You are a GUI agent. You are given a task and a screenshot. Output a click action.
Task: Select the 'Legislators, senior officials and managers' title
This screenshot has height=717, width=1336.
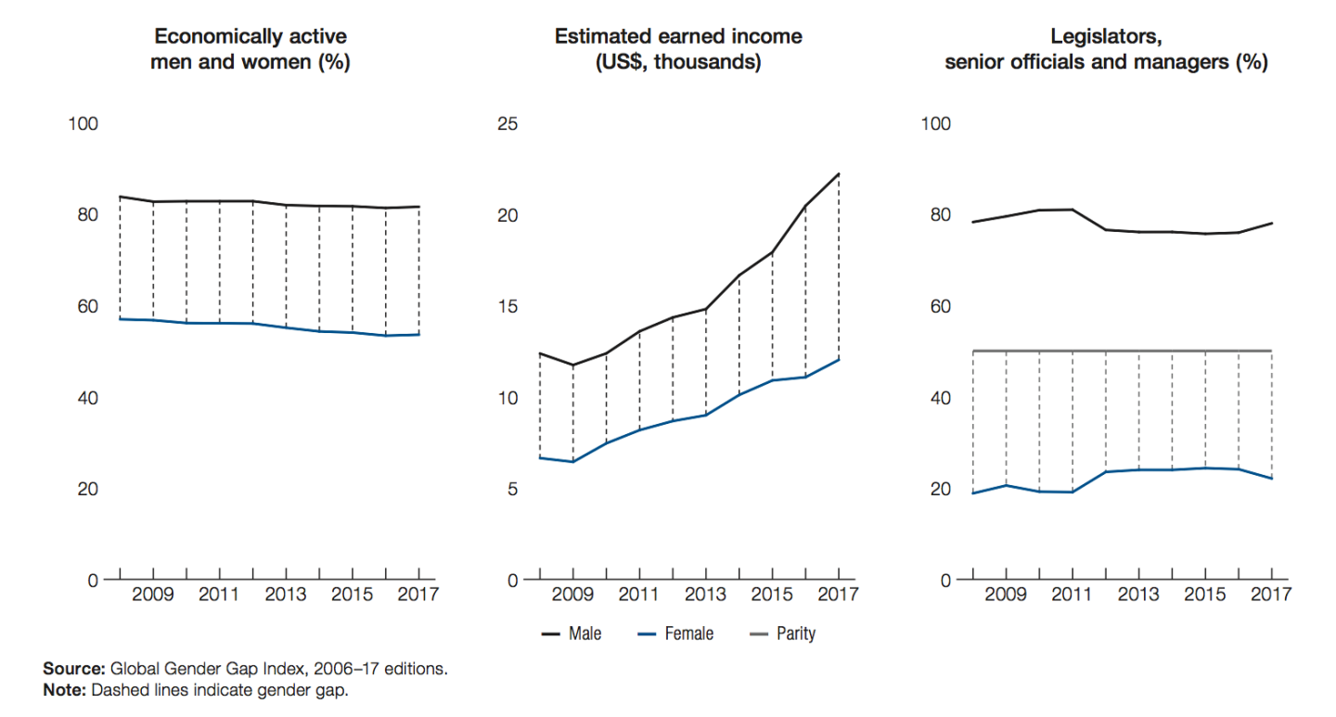click(x=1106, y=49)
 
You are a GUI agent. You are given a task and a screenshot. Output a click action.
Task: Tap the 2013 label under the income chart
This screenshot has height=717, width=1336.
click(x=705, y=595)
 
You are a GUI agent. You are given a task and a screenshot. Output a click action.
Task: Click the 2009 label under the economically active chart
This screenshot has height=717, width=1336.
click(x=152, y=595)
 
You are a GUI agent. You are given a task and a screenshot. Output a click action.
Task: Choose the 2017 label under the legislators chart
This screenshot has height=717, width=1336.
click(x=1270, y=595)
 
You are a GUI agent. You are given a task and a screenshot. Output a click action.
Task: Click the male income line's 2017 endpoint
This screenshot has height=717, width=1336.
click(x=839, y=173)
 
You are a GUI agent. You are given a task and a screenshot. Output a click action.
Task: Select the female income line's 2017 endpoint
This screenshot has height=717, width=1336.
click(x=839, y=359)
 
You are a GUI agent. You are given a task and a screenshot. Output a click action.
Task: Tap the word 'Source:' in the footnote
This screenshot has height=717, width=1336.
click(x=75, y=669)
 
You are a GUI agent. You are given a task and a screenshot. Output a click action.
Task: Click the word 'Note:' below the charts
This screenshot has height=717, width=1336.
click(x=64, y=691)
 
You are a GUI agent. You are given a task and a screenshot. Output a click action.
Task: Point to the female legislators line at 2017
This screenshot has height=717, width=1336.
click(x=1271, y=479)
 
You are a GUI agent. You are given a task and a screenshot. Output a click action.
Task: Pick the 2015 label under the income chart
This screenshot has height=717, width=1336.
click(x=771, y=595)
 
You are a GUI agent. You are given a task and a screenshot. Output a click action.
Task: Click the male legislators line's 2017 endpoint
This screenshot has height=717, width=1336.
click(x=1271, y=224)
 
